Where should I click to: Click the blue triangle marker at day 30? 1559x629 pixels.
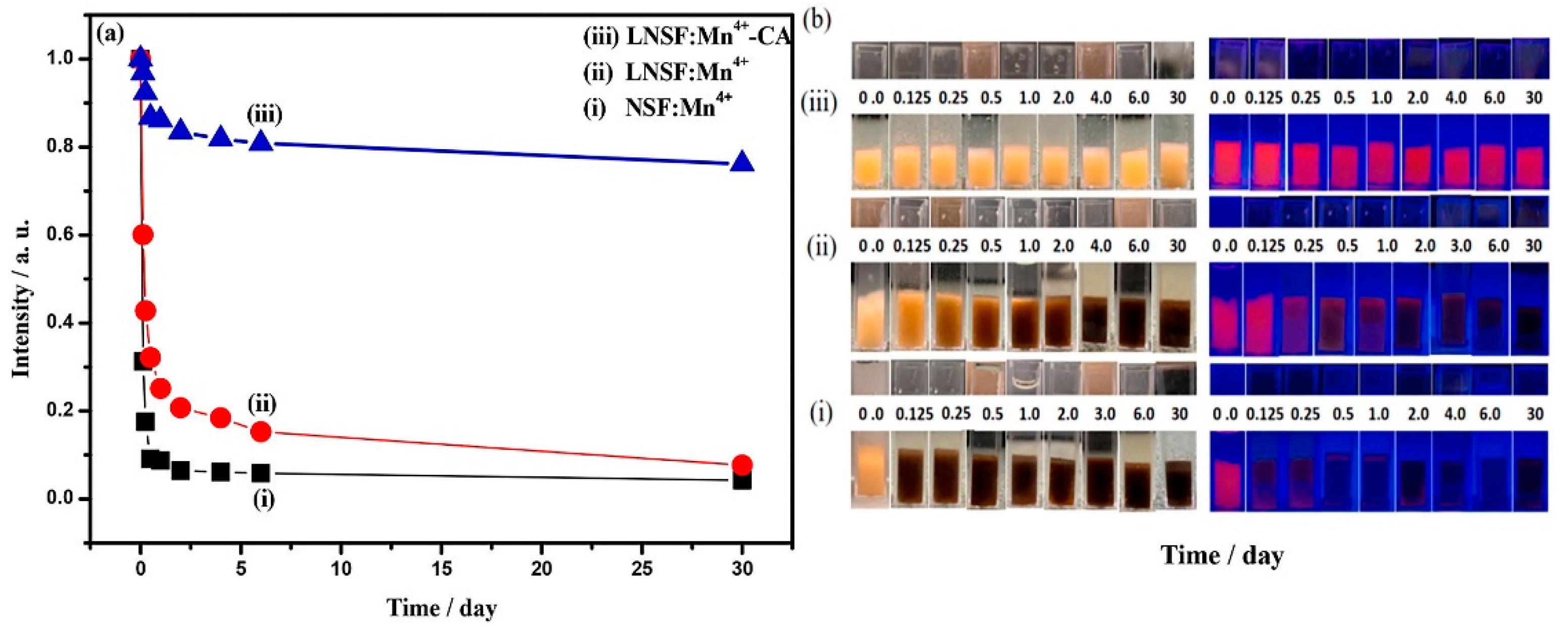[742, 163]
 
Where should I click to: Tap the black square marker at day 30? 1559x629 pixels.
[742, 481]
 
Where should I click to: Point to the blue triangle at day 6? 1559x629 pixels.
[261, 142]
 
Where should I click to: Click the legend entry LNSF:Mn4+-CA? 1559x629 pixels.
[687, 37]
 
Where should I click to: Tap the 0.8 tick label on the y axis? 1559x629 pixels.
[60, 147]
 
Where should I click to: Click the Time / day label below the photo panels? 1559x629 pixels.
[1222, 555]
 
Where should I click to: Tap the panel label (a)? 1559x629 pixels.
[111, 33]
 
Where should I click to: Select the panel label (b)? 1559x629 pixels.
[817, 20]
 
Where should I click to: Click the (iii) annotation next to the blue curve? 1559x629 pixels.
[264, 114]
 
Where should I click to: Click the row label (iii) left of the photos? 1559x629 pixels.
[818, 104]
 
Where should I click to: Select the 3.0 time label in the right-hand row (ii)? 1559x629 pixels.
[1460, 246]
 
